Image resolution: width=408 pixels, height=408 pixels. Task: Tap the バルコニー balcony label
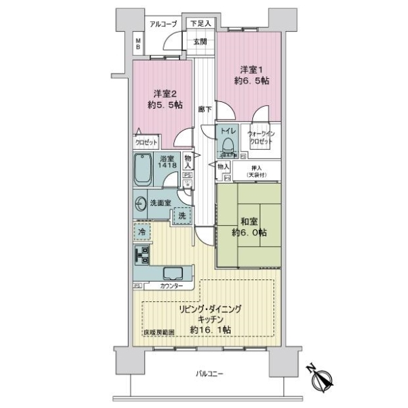(x=210, y=374)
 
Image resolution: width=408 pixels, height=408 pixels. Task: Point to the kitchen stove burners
(x=142, y=256)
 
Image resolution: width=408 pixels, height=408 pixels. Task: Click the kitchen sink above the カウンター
(x=171, y=275)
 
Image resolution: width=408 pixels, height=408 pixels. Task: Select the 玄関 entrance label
(x=200, y=41)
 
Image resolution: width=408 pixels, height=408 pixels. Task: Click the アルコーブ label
(x=164, y=24)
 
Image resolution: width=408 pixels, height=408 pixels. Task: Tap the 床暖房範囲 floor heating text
(x=158, y=333)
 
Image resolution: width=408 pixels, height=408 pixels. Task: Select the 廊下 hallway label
(x=204, y=108)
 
